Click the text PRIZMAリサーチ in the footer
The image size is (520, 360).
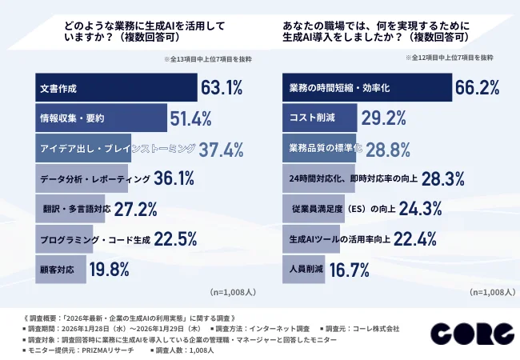pyautogui.click(x=96, y=350)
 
